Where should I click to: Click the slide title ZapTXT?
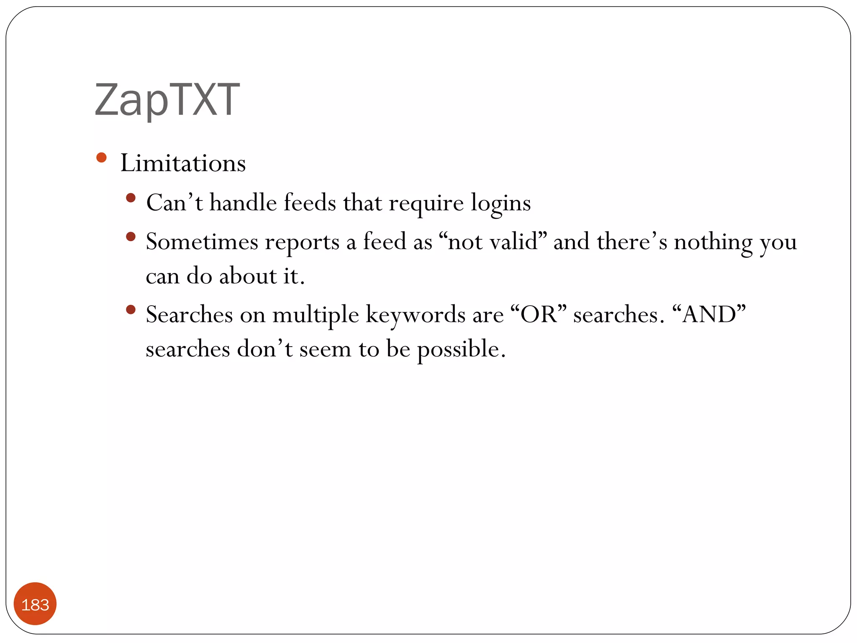pyautogui.click(x=167, y=100)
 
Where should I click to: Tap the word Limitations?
pyautogui.click(x=183, y=163)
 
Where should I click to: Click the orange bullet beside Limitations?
pyautogui.click(x=101, y=158)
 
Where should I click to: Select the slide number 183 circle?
pyautogui.click(x=35, y=604)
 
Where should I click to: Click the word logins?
pyautogui.click(x=501, y=203)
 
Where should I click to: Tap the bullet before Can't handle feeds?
pyautogui.click(x=131, y=198)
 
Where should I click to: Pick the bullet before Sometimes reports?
pyautogui.click(x=131, y=237)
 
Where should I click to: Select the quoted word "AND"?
pyautogui.click(x=709, y=314)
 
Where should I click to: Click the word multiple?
pyautogui.click(x=316, y=315)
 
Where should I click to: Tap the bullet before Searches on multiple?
pyautogui.click(x=131, y=310)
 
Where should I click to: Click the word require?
pyautogui.click(x=426, y=203)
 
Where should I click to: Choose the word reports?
pyautogui.click(x=302, y=243)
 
